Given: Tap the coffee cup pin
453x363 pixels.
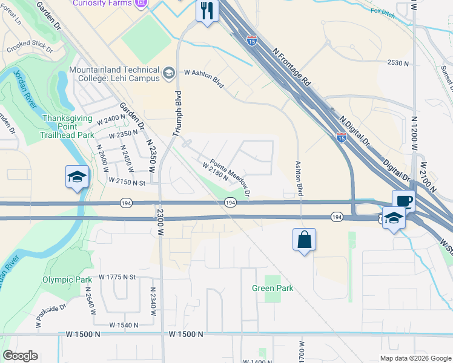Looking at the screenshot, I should [x=403, y=201].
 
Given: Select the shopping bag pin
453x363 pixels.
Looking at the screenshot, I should [x=304, y=240].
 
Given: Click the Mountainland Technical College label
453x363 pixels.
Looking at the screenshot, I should [x=114, y=74].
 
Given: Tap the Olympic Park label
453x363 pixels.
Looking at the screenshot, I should [x=67, y=280].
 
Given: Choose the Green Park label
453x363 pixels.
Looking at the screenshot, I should [x=273, y=288].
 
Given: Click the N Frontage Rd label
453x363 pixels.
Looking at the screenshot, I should [x=291, y=68].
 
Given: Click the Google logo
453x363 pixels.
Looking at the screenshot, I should [x=20, y=356].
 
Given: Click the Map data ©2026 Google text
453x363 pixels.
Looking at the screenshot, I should [x=415, y=358].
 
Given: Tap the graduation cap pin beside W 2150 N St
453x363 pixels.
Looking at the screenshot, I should [x=77, y=177].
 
